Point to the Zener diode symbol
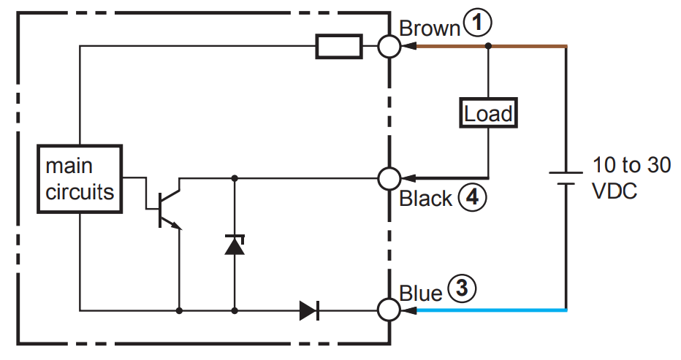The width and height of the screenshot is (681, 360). (x=235, y=245)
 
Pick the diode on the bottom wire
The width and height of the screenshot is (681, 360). (x=309, y=310)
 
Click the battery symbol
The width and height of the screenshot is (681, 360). (x=566, y=178)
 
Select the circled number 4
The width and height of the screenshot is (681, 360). (x=472, y=198)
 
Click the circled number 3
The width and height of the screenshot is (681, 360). (x=462, y=288)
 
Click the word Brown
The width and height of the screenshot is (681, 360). (x=429, y=28)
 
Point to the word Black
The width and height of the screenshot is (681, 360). (x=425, y=199)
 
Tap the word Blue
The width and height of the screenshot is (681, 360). (x=420, y=293)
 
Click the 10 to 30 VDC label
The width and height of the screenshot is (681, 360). (x=631, y=178)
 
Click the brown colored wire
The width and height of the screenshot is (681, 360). (x=492, y=45)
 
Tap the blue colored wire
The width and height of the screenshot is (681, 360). (x=492, y=310)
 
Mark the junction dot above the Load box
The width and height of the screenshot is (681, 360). (x=488, y=45)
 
